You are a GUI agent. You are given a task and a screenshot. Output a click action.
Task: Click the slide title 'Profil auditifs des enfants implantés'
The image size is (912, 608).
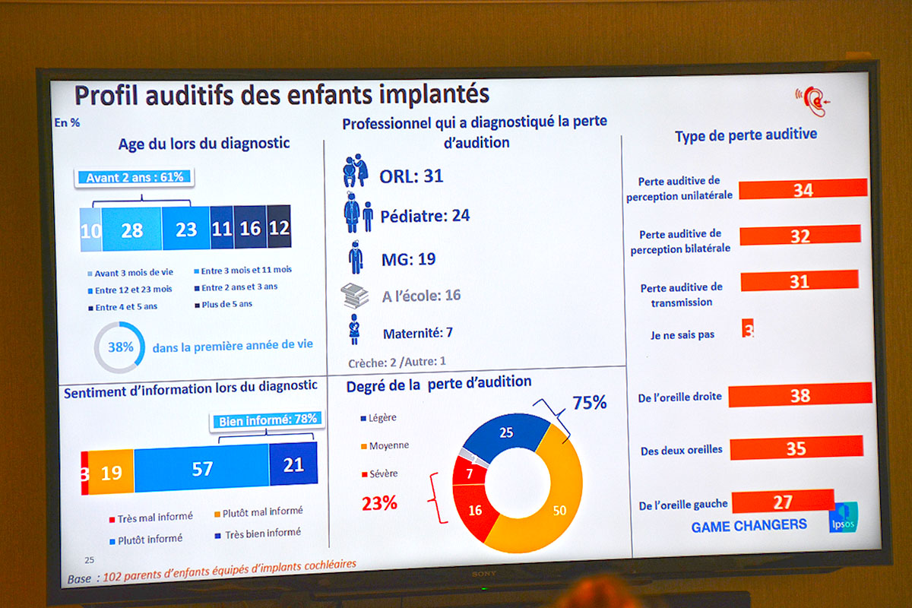click(x=281, y=95)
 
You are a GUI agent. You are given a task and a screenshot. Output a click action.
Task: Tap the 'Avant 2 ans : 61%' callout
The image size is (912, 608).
click(x=135, y=178)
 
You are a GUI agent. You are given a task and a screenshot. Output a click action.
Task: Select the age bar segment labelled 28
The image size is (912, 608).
click(x=131, y=230)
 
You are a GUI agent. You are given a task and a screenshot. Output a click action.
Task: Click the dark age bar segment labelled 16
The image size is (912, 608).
click(x=250, y=228)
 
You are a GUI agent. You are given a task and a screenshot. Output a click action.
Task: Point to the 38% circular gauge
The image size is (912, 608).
click(x=119, y=347)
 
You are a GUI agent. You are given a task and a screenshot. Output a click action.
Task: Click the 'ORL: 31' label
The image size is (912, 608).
click(x=411, y=176)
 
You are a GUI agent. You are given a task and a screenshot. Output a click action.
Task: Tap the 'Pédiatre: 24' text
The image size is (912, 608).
click(x=426, y=216)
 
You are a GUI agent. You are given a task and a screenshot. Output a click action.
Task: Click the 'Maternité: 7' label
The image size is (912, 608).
click(x=418, y=333)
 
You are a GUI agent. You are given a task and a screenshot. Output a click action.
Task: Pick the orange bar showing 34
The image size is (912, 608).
click(x=803, y=189)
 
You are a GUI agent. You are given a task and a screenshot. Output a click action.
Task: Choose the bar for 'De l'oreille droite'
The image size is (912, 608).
click(x=800, y=395)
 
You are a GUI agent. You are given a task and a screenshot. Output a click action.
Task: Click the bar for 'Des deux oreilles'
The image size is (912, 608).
click(x=796, y=448)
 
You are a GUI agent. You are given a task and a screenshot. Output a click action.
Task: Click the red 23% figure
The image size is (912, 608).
click(x=379, y=502)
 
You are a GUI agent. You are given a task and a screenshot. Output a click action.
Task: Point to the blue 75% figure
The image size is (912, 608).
click(x=589, y=403)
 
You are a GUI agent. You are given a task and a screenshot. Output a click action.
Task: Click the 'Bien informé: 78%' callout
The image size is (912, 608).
click(x=268, y=420)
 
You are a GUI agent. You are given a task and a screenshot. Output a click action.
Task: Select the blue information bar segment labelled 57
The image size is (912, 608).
click(x=201, y=469)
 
